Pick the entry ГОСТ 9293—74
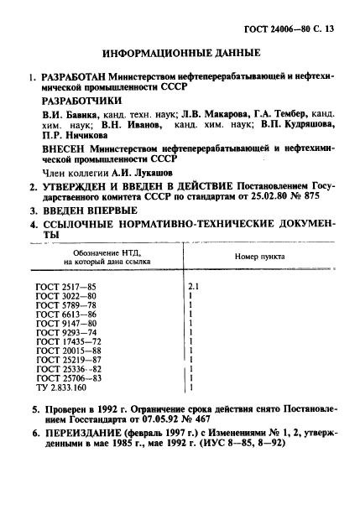71,332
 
